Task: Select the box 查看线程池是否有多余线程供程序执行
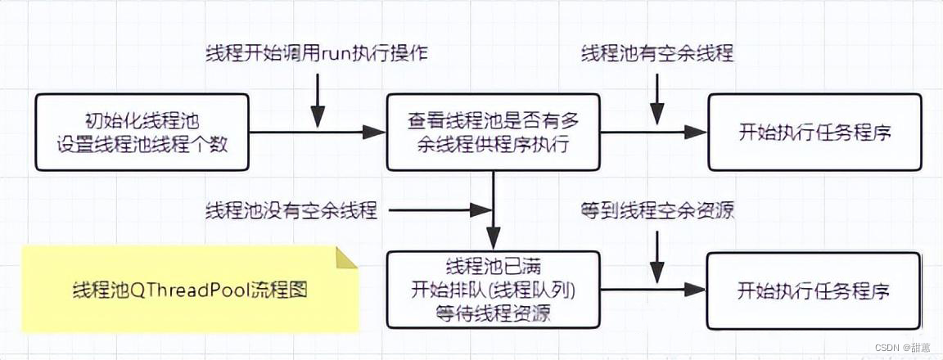[494, 131]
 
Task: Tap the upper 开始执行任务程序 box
[814, 131]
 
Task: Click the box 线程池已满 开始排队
[494, 290]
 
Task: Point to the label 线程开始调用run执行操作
[316, 55]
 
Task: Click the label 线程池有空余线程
[656, 55]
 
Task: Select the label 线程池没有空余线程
[291, 210]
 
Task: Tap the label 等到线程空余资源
[656, 210]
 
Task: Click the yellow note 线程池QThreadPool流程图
[188, 290]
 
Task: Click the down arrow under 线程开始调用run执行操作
[318, 102]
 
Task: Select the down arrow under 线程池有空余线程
[656, 102]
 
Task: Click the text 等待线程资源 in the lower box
[494, 312]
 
